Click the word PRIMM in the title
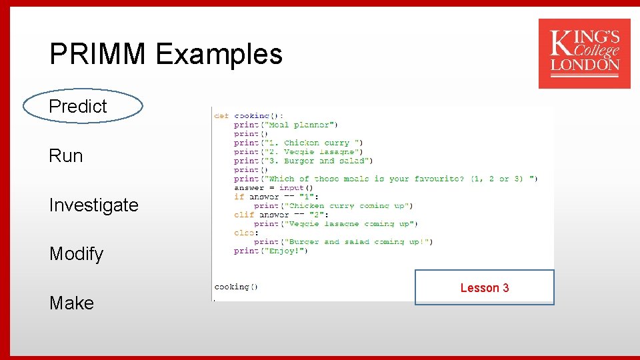click(98, 54)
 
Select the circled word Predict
click(78, 106)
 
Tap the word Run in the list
click(66, 155)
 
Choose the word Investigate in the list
click(93, 205)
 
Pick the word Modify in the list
click(76, 254)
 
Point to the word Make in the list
click(71, 303)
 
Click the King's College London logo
click(584, 53)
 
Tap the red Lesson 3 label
click(484, 288)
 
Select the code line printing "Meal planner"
click(286, 125)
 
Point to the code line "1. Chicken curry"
click(299, 143)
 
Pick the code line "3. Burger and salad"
click(303, 161)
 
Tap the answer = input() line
click(273, 188)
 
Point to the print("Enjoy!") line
click(271, 251)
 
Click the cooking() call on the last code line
click(236, 287)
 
